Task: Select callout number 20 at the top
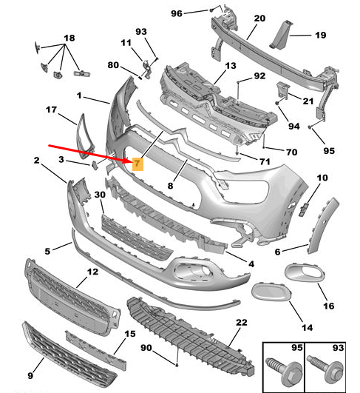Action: point(259,19)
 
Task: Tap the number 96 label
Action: point(176,13)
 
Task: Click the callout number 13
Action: point(231,66)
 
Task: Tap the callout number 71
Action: point(264,161)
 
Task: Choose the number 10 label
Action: point(322,178)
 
